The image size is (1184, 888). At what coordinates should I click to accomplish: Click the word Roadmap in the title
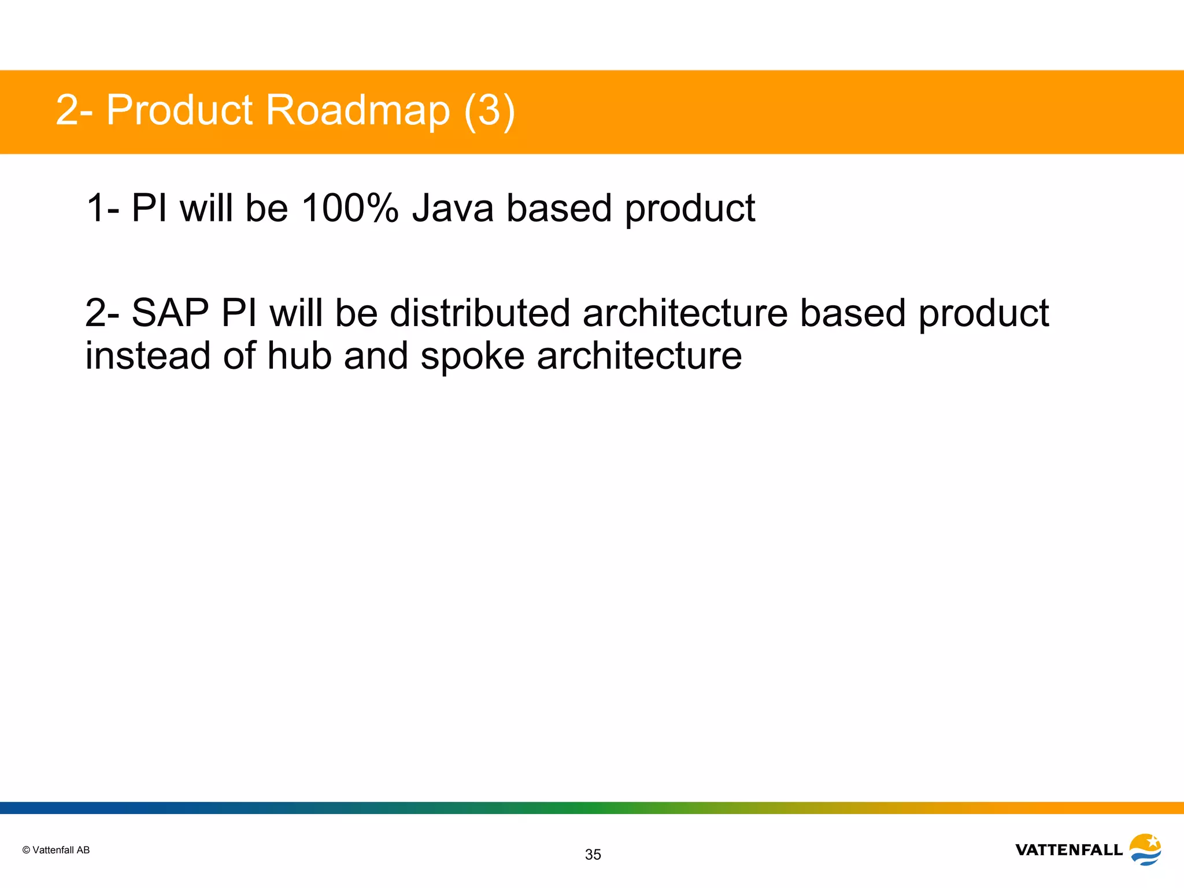(x=357, y=110)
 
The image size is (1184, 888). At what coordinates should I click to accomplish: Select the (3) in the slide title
(x=489, y=110)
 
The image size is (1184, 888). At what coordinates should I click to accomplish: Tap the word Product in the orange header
(x=179, y=110)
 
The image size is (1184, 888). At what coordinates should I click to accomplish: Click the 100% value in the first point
(x=350, y=208)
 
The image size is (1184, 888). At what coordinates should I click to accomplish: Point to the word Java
(x=453, y=208)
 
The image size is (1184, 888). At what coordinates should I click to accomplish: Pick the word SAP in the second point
(x=170, y=313)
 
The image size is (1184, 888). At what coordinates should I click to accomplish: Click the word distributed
(x=480, y=313)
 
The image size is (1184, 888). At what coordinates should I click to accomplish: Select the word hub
(x=299, y=356)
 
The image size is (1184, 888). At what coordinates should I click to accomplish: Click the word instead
(x=147, y=356)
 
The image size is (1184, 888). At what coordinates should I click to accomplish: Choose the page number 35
(x=593, y=854)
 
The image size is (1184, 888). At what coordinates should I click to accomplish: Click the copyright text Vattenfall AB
(x=61, y=850)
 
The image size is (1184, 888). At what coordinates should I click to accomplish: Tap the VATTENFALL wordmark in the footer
(x=1069, y=850)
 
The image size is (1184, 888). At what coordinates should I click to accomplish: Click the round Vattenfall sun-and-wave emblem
(x=1145, y=849)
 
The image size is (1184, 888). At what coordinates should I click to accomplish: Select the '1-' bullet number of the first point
(x=102, y=208)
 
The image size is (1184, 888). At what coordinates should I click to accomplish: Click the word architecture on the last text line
(x=639, y=356)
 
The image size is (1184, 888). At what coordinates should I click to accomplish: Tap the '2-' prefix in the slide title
(x=73, y=110)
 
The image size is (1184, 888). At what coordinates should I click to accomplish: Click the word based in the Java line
(x=558, y=208)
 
